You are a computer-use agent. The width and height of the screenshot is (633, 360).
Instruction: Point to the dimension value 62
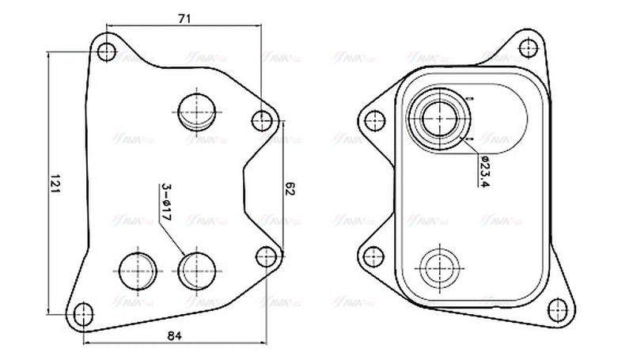pos(290,189)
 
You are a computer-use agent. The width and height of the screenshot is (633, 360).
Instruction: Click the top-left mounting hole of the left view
pos(108,53)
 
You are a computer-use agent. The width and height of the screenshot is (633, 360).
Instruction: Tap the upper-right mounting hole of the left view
pos(262,120)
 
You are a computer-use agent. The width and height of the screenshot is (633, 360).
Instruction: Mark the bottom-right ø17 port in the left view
pos(195,270)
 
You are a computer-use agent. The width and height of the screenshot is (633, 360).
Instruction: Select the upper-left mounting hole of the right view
pos(370,120)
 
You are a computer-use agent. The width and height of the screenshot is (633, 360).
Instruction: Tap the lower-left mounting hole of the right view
pos(369,256)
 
